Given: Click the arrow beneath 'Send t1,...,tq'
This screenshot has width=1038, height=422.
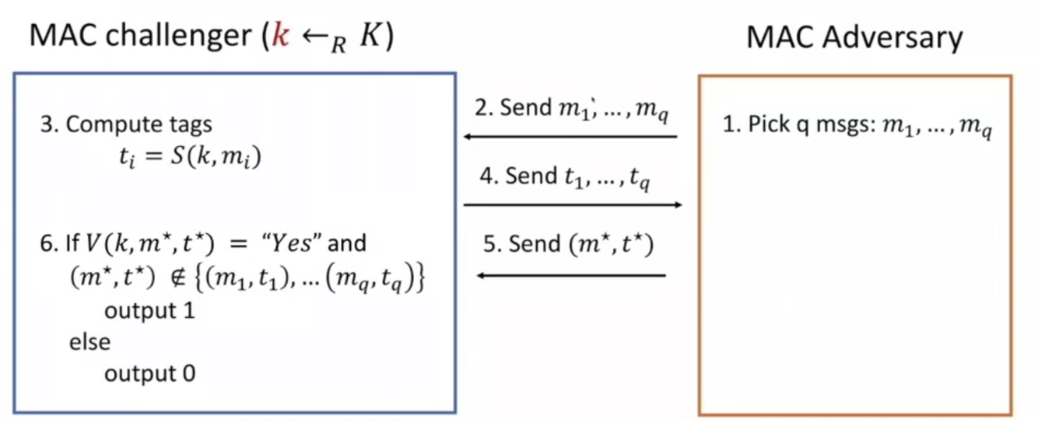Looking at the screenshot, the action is click(x=573, y=204).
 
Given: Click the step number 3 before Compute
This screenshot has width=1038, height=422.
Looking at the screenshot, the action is click(x=45, y=124).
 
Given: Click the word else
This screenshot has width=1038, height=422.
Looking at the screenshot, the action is click(x=89, y=342).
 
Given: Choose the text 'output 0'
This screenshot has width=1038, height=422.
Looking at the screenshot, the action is click(x=149, y=373).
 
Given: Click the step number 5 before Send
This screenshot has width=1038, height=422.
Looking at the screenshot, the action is click(x=489, y=244).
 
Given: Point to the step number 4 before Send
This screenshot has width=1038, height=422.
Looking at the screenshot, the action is click(x=487, y=176).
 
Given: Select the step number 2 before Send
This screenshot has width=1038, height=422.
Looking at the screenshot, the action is click(x=482, y=107).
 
